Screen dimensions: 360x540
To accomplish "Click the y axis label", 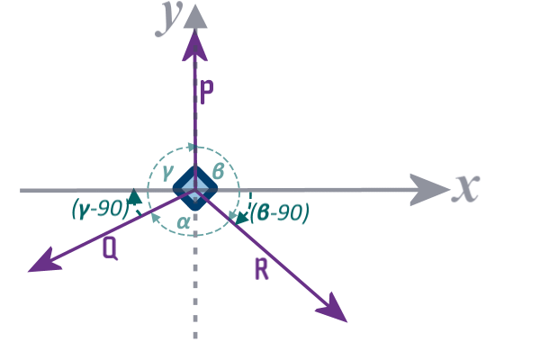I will pyautogui.click(x=166, y=18).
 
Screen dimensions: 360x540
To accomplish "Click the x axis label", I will pyautogui.click(x=464, y=187).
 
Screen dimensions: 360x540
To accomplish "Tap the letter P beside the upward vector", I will pyautogui.click(x=206, y=93).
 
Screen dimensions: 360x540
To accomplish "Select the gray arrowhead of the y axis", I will pyautogui.click(x=193, y=15).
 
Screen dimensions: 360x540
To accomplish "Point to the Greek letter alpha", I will pyautogui.click(x=183, y=221).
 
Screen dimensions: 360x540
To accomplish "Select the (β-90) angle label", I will pyautogui.click(x=280, y=212).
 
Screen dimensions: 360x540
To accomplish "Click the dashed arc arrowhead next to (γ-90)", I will pyautogui.click(x=135, y=195).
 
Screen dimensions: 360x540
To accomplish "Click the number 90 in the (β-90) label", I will pyautogui.click(x=293, y=212).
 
